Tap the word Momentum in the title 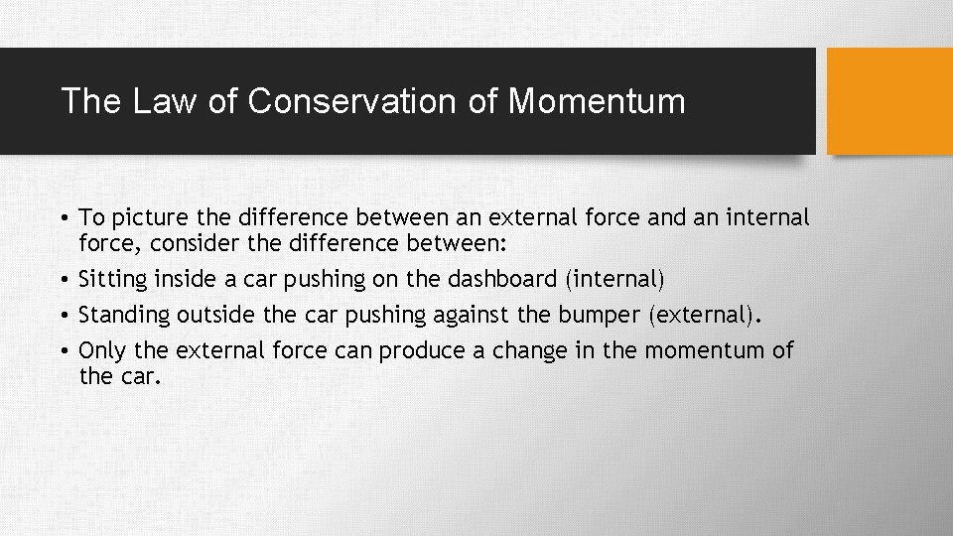597,101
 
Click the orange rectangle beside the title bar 889,101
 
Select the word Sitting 111,280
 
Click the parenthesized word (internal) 614,280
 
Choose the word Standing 124,316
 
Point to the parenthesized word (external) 706,316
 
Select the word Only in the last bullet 99,350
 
